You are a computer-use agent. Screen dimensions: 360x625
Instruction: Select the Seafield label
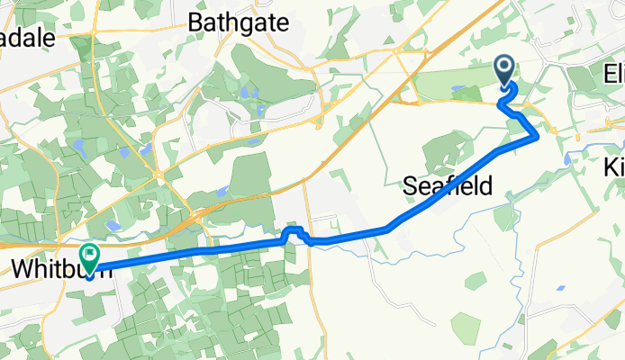pos(447,186)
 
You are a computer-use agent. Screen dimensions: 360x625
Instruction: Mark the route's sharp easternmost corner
pos(538,136)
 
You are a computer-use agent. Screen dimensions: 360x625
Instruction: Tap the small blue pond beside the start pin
pos(460,89)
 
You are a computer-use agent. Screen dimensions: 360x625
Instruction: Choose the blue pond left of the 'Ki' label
pos(568,159)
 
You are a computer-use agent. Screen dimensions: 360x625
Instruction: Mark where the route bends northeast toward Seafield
pos(389,229)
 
